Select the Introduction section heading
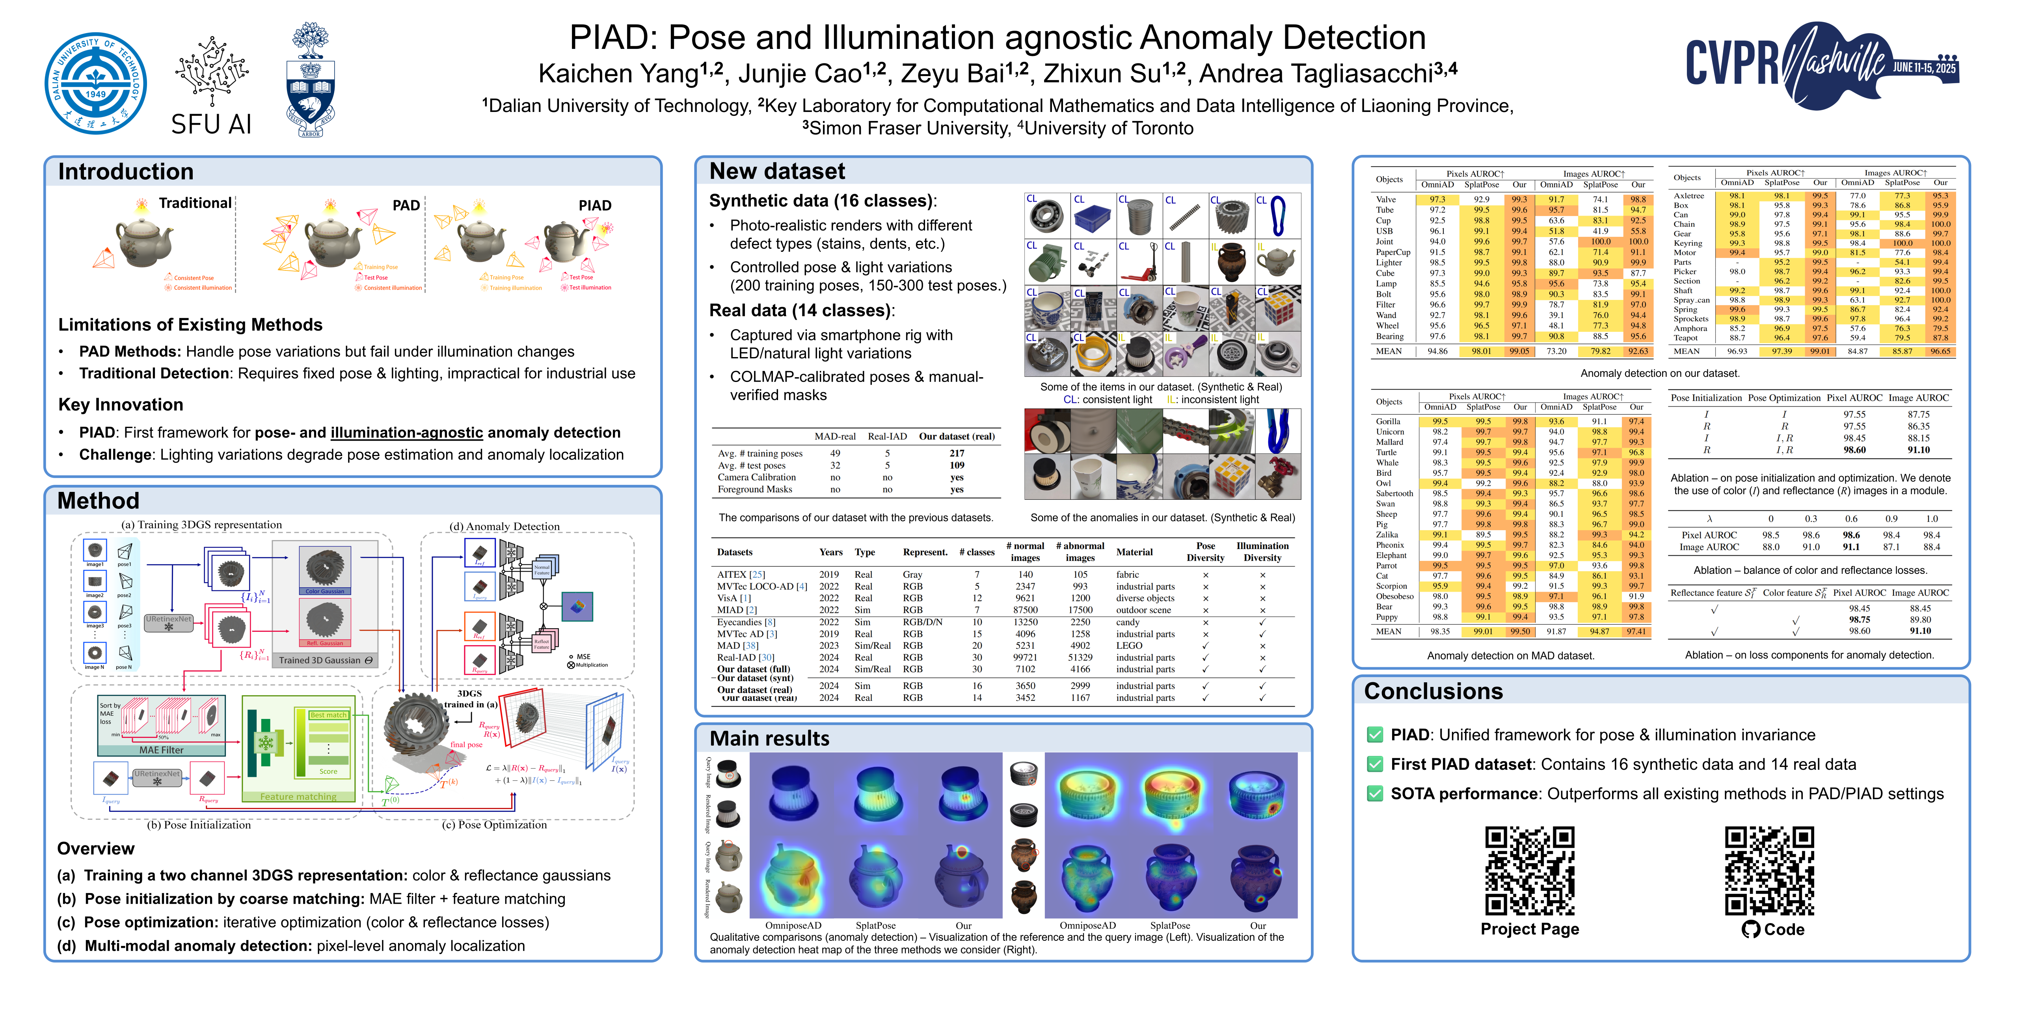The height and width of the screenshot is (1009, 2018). coord(125,171)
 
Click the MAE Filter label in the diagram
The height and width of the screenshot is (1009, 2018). coord(161,750)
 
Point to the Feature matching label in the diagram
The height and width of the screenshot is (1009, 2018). coord(298,797)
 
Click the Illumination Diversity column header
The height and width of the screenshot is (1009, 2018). coord(1262,551)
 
